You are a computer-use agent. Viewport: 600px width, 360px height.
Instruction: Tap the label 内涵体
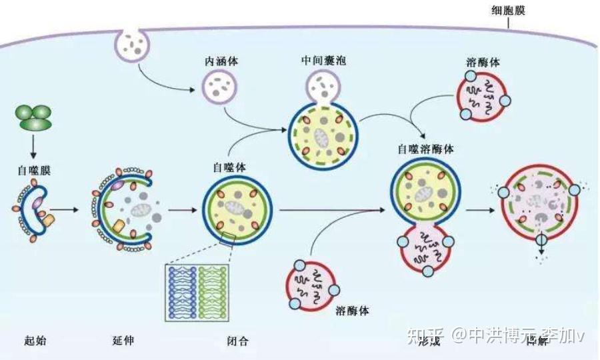point(222,61)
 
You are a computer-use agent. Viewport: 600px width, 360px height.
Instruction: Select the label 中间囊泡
point(323,61)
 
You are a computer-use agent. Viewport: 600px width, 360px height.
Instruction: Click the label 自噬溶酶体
point(425,149)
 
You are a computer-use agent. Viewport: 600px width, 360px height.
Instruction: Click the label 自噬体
point(229,168)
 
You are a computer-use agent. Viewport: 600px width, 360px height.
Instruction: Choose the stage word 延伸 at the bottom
point(123,341)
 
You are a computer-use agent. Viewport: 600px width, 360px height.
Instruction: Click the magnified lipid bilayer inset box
point(197,292)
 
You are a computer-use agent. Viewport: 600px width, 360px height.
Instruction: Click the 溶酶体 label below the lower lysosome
point(352,311)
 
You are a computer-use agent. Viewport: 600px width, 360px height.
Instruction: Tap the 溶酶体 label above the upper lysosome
point(483,63)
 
